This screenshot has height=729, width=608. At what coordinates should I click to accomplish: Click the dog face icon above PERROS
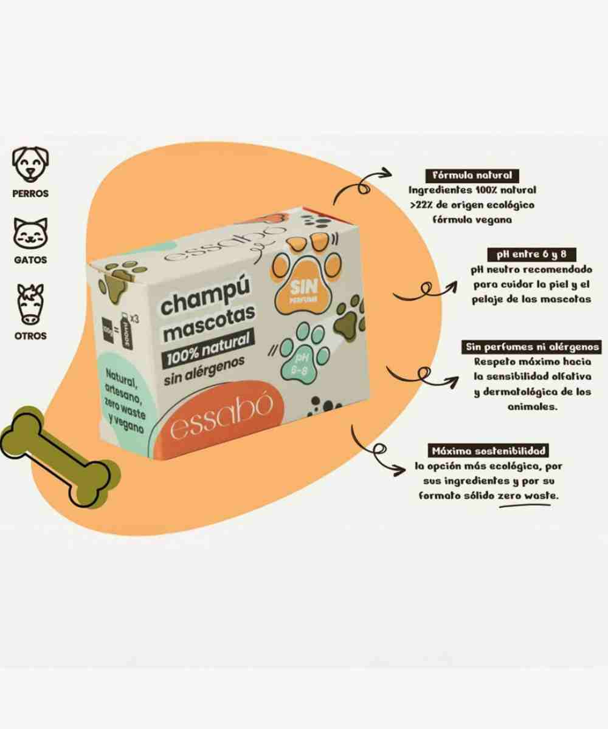(30, 163)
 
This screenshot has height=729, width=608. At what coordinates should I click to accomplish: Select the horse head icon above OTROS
(30, 303)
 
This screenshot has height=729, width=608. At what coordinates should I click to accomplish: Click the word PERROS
(30, 194)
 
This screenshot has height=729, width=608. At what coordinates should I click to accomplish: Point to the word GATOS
(30, 260)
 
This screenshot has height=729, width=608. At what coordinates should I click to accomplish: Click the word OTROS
(30, 335)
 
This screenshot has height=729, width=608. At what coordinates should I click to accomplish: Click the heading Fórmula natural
(472, 176)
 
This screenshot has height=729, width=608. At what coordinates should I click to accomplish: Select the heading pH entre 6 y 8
(531, 254)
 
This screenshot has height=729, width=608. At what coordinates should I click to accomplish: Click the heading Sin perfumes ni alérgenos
(532, 347)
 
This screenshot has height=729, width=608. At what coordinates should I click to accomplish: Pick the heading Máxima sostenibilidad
(488, 451)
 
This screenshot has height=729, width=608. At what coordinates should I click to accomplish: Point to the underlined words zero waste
(527, 496)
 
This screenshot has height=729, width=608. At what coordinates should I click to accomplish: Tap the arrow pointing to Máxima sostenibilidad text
(379, 452)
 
